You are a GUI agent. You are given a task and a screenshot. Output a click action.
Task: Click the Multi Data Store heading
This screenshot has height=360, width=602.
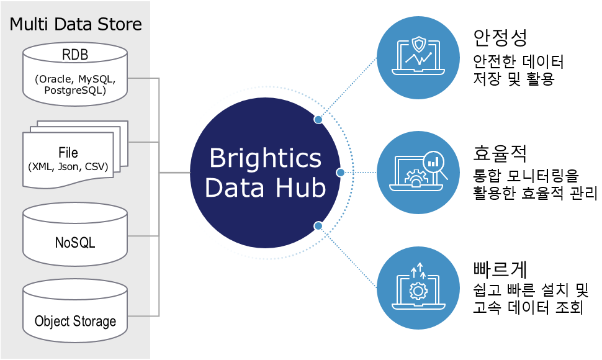point(75,24)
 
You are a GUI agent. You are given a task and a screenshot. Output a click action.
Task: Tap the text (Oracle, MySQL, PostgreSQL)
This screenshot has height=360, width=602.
point(75,84)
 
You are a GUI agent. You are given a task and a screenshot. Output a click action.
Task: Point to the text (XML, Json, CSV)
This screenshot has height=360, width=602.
point(68,166)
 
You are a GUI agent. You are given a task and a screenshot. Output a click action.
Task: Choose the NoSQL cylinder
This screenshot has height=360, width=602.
point(75,234)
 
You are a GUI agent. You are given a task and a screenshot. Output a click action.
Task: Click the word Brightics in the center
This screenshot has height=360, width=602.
point(265,158)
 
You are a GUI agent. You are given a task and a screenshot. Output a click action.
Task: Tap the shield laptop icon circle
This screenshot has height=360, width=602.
point(418,58)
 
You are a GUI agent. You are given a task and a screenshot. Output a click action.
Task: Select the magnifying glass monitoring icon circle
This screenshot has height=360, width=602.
point(418,173)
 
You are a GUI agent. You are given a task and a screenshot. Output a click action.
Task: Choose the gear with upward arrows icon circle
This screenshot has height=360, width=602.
point(418,288)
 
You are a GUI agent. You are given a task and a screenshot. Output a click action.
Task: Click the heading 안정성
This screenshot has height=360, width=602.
point(500,38)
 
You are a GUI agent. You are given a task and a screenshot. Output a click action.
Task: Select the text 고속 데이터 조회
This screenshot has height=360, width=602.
point(528,307)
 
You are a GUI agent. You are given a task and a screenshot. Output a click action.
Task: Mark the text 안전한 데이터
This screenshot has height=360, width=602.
point(518,61)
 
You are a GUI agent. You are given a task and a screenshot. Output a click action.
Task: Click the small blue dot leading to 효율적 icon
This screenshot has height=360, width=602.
point(340,173)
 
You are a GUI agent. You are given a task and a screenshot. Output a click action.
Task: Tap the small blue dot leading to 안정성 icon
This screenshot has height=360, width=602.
point(318,120)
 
